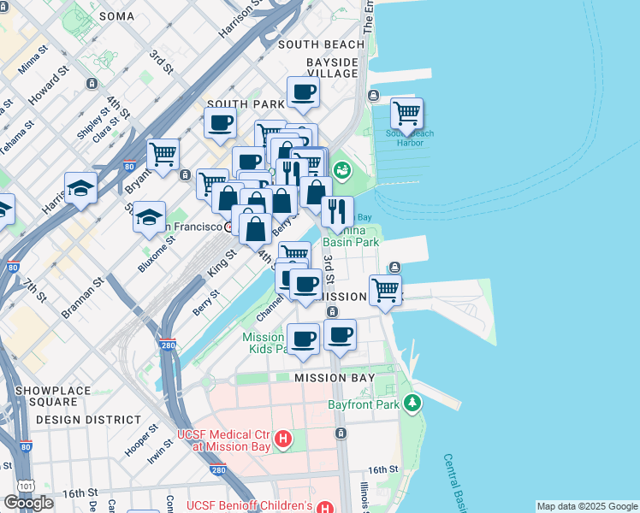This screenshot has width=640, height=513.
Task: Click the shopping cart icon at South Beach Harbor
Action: coord(407,113)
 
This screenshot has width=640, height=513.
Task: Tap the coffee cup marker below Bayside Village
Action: coord(303,91)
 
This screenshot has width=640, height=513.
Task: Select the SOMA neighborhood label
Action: coord(117,16)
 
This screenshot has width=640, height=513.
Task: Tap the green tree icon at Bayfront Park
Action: coord(413,403)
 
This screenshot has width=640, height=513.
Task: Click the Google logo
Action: coord(28,503)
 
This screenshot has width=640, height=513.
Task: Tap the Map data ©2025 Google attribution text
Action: coord(586,506)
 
